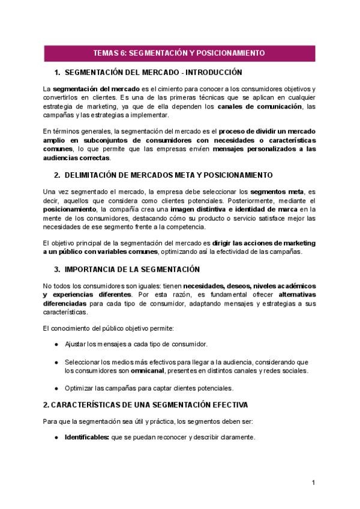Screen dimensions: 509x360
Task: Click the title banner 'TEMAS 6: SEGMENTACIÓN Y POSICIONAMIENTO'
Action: point(179,53)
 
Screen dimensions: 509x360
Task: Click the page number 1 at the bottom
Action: point(313,483)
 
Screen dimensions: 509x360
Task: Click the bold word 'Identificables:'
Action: point(86,437)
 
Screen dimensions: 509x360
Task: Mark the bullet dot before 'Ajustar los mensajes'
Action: point(56,345)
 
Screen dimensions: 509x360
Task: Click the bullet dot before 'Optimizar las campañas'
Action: point(56,388)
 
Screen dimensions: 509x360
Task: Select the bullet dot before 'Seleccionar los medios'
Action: point(56,362)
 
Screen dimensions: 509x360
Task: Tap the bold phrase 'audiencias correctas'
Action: point(77,158)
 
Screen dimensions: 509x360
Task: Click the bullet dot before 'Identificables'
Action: point(56,437)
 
